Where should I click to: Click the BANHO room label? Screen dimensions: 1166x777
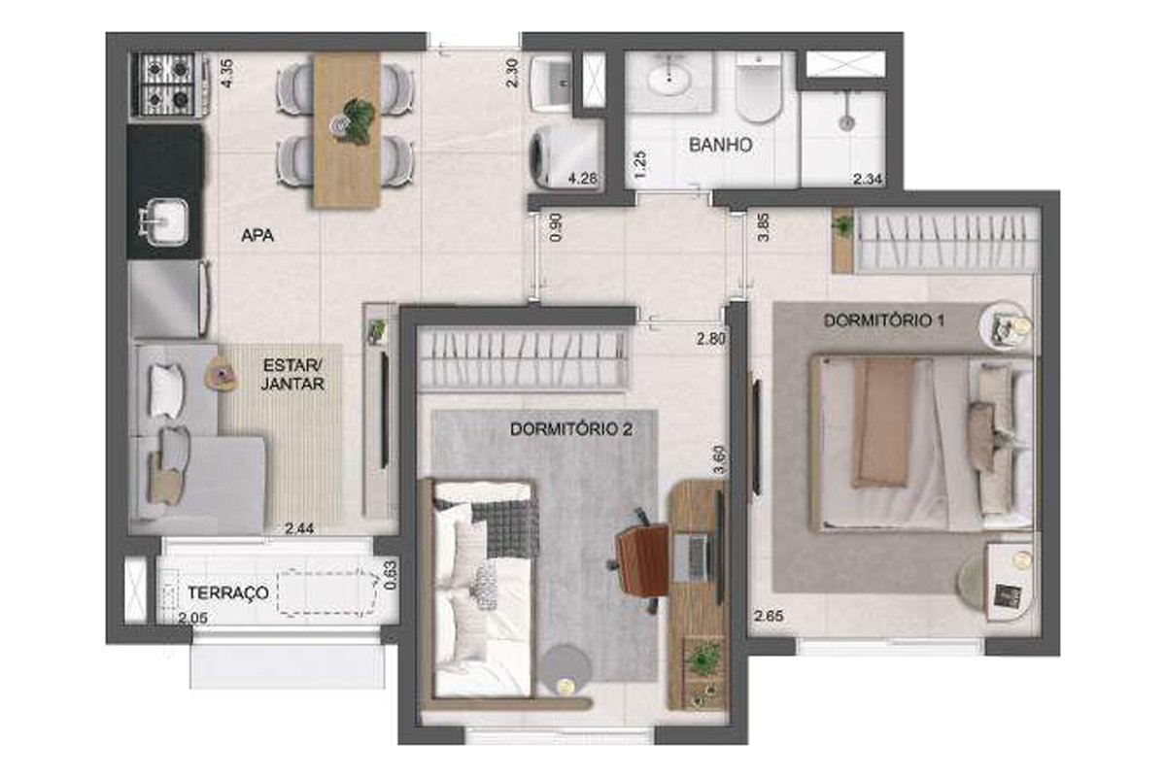coord(720,145)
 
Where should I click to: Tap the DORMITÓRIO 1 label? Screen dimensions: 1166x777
coord(884,321)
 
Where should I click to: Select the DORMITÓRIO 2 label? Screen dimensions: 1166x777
coord(571,429)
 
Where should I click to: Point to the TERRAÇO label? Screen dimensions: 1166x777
coord(228,592)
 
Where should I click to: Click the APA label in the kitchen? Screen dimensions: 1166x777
coord(257,236)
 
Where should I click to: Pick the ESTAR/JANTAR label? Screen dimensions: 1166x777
coord(292,375)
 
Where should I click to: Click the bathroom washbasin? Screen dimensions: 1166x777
coord(669,81)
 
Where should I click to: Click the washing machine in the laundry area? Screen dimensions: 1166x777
coord(566,155)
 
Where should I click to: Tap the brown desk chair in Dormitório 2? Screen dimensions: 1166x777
coord(641,559)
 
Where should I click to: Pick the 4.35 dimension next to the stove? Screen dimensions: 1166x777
coord(227,74)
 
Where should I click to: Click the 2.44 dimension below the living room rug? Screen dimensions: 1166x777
coord(299,528)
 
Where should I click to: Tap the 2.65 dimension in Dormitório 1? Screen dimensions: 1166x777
coord(769,616)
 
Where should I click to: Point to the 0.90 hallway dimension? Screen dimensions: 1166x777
coord(556,227)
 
